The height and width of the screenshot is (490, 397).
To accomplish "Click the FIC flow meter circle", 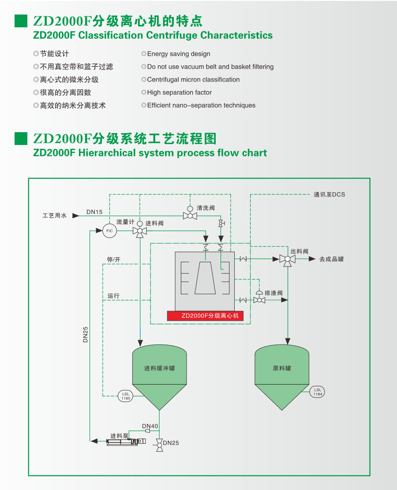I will [x=110, y=231].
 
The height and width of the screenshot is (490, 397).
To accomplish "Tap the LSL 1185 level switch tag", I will [x=126, y=395].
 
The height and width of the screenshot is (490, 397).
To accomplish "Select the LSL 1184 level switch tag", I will [x=317, y=392].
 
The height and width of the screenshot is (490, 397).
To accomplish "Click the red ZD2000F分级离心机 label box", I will [x=205, y=316].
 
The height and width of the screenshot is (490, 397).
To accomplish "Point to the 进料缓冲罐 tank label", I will [x=159, y=368].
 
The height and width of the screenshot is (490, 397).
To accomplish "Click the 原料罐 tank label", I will [x=282, y=368].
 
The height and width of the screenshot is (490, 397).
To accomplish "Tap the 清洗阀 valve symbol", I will [x=190, y=215].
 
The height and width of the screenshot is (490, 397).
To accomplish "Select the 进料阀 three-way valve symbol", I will [x=140, y=231].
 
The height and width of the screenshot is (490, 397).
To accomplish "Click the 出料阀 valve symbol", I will [x=288, y=259].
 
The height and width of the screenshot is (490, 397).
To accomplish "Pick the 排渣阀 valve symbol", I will [x=259, y=300].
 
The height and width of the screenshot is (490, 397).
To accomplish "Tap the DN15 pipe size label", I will [x=94, y=212].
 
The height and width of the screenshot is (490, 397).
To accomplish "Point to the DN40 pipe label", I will [x=150, y=426].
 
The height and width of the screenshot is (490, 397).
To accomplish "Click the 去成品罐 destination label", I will [x=331, y=259].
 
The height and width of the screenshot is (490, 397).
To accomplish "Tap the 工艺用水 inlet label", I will [x=54, y=216].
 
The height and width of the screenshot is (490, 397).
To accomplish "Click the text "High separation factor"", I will [x=179, y=93].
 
